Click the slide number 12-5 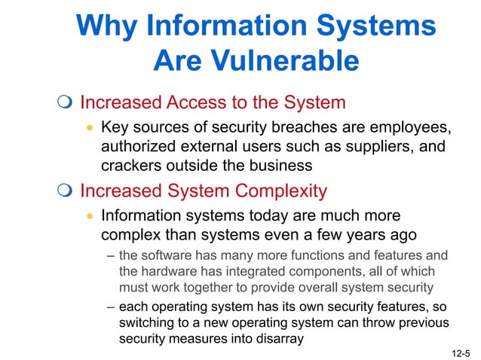(461, 352)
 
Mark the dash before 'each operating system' (111, 307)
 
